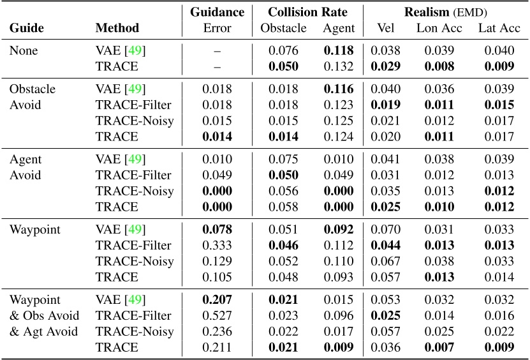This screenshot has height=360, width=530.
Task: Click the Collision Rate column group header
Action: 308,12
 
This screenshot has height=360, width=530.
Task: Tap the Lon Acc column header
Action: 435,28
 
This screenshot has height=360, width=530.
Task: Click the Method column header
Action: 117,28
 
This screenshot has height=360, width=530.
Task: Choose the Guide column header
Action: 25,28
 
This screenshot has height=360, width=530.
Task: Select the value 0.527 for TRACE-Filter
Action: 217,316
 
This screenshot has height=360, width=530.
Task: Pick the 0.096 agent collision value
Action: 339,316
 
